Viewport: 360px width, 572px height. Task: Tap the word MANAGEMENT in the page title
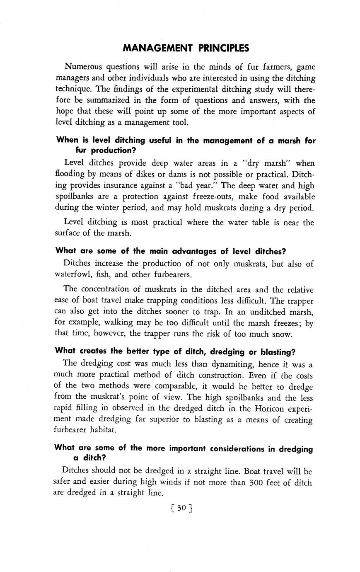coord(158,48)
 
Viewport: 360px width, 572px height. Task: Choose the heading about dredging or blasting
coord(175,351)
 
